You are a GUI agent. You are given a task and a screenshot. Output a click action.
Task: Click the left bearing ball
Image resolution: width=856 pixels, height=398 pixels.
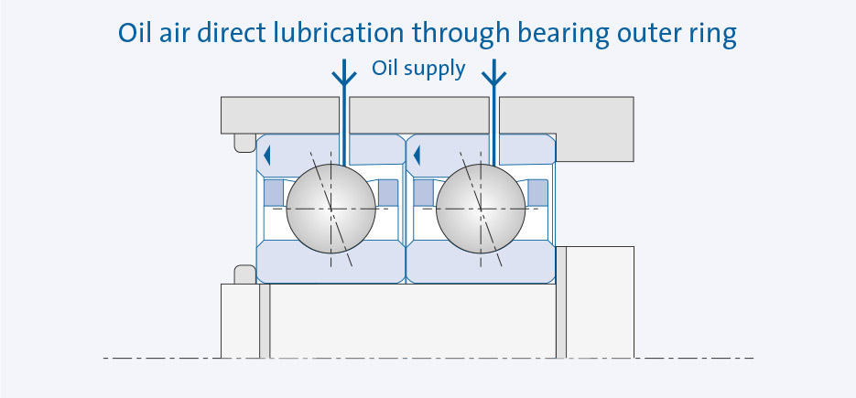pyautogui.click(x=330, y=209)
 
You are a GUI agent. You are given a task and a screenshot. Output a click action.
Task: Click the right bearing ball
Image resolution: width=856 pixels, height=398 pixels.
pyautogui.click(x=481, y=209)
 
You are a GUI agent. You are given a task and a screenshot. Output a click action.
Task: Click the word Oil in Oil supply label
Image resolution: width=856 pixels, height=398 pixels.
pyautogui.click(x=385, y=69)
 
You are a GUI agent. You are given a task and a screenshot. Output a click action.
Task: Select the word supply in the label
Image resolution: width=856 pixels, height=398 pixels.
pyautogui.click(x=435, y=70)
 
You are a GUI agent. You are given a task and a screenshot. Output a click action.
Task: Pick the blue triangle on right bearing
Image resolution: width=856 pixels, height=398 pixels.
pyautogui.click(x=417, y=155)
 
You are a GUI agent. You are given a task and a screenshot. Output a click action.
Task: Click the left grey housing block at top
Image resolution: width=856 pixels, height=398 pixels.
pyautogui.click(x=279, y=113)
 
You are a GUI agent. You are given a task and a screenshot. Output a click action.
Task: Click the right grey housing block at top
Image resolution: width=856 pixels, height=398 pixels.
pyautogui.click(x=568, y=113)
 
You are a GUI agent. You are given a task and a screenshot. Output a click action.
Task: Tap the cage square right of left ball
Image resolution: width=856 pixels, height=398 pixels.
pyautogui.click(x=388, y=192)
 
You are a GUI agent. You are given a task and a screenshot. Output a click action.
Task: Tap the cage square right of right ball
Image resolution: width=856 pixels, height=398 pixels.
pyautogui.click(x=538, y=192)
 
